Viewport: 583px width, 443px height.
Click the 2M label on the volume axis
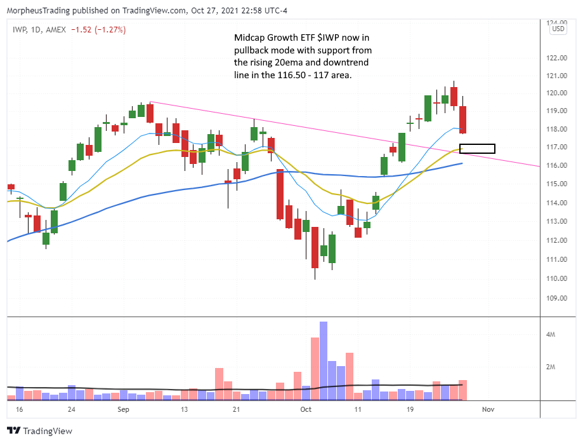coord(552,367)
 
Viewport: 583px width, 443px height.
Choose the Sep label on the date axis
coord(123,410)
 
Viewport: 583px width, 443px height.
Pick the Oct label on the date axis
coord(306,410)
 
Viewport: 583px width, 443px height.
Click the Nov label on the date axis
coord(488,410)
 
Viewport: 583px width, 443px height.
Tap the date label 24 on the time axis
coord(71,410)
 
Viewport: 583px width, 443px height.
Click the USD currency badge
coord(558,29)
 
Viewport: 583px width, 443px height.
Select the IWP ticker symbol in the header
coord(18,29)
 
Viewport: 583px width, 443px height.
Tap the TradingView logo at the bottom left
coord(39,431)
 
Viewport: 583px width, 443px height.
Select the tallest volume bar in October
coord(324,360)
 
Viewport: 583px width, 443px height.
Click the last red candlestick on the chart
coord(463,119)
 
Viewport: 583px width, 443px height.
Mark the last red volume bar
coord(463,390)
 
